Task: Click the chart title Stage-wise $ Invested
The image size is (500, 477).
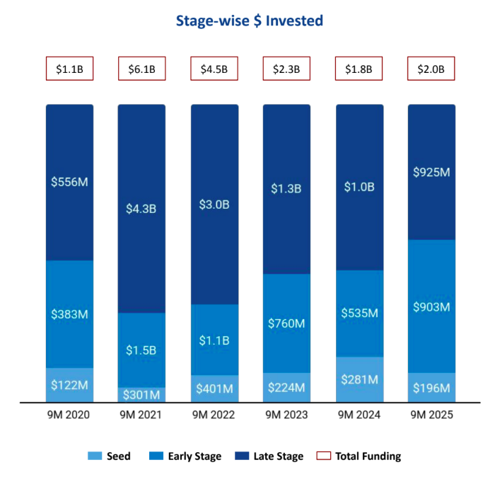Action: pyautogui.click(x=250, y=21)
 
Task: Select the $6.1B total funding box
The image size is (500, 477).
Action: pyautogui.click(x=141, y=69)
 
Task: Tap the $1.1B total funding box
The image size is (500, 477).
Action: pyautogui.click(x=69, y=69)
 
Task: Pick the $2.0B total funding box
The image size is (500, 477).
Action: pyautogui.click(x=431, y=69)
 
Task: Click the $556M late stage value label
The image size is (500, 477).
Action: pyautogui.click(x=69, y=182)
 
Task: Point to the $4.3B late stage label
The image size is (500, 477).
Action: pyautogui.click(x=141, y=209)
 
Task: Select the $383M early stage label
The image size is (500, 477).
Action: pyautogui.click(x=69, y=314)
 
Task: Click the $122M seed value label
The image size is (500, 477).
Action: pyautogui.click(x=69, y=385)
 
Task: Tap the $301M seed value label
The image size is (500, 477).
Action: pyautogui.click(x=141, y=394)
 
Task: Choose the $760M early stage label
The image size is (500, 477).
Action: pyautogui.click(x=286, y=323)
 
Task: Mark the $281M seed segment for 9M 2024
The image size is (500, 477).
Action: pyautogui.click(x=359, y=379)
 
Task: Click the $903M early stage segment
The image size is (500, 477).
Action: pyautogui.click(x=431, y=306)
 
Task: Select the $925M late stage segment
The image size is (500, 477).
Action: pyautogui.click(x=431, y=172)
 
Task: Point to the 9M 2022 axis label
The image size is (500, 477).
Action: pyautogui.click(x=214, y=415)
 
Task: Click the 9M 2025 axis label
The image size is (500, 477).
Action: pyautogui.click(x=431, y=415)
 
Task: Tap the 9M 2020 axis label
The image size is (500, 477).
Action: pyautogui.click(x=69, y=415)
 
